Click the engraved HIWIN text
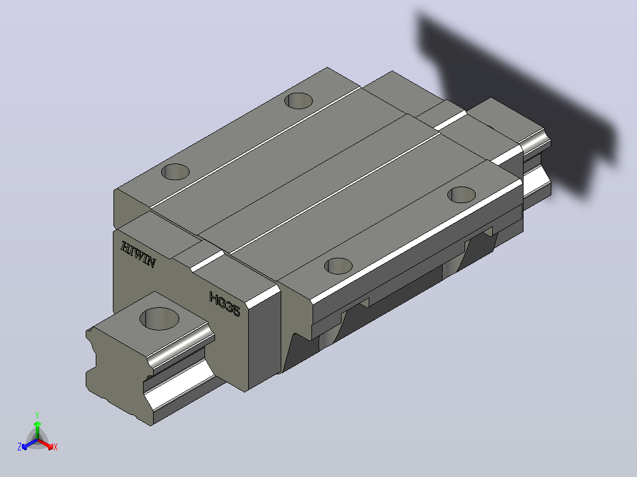click(138, 254)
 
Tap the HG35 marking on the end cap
click(225, 304)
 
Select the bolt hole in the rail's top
click(160, 318)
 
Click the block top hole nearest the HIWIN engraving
click(175, 172)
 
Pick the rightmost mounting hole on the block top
click(461, 195)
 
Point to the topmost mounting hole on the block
click(298, 101)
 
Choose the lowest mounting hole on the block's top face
click(339, 266)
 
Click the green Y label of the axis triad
click(37, 415)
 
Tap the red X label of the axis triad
click(56, 447)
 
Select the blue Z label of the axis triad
click(19, 447)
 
